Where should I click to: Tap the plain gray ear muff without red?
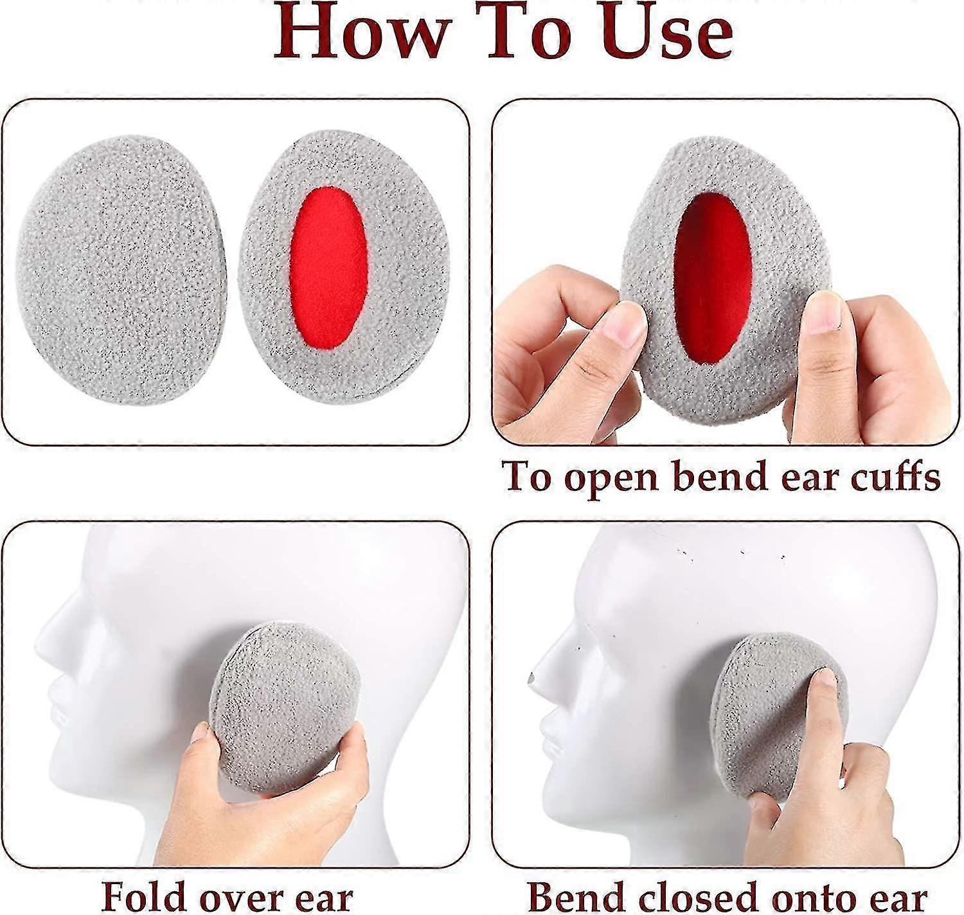pyautogui.click(x=119, y=270)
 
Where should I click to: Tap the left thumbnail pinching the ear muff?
pyautogui.click(x=625, y=324)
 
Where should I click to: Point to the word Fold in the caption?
pyautogui.click(x=148, y=896)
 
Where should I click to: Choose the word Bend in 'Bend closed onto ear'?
pyautogui.click(x=575, y=896)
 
